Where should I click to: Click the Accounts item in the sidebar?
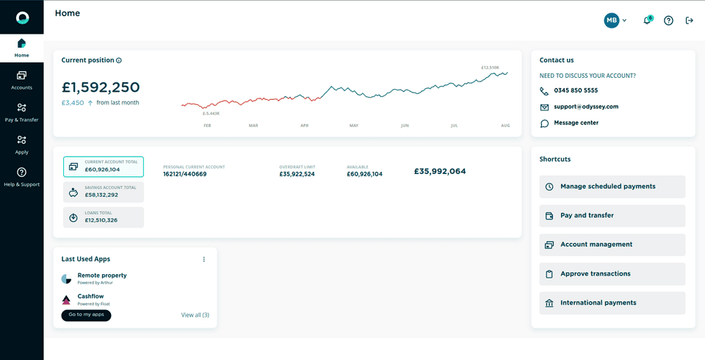21,80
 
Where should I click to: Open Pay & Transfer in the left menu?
21,112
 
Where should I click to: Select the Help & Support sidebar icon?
21,177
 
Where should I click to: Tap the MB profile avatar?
612,21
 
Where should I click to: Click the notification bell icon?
647,21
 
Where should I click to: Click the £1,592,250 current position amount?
101,87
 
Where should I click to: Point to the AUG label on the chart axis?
505,126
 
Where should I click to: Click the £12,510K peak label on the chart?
490,68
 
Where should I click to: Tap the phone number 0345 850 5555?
576,90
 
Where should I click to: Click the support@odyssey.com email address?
586,107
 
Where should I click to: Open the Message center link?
576,123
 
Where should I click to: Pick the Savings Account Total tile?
104,192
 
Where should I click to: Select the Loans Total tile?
104,217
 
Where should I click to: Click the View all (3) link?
195,315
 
